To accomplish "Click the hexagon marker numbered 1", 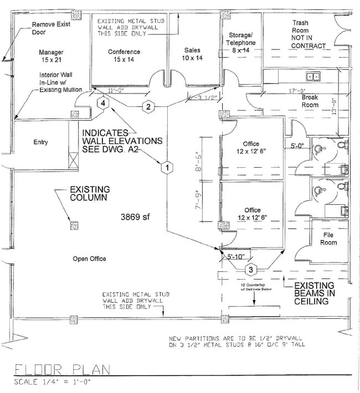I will coord(164,166).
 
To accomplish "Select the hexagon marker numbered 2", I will coord(148,107).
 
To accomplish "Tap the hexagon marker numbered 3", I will coord(251,270).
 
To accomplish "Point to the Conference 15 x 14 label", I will coord(124,56).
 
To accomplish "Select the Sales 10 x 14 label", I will coord(193,54).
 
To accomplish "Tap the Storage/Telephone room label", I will coord(242,43).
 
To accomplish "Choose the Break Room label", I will coord(310,101).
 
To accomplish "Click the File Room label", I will coord(328,239).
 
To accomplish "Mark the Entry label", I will coord(40,142).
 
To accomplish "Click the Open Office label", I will coord(89,258).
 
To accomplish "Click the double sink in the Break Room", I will coord(313,76).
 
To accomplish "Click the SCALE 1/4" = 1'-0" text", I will coord(53,382).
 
